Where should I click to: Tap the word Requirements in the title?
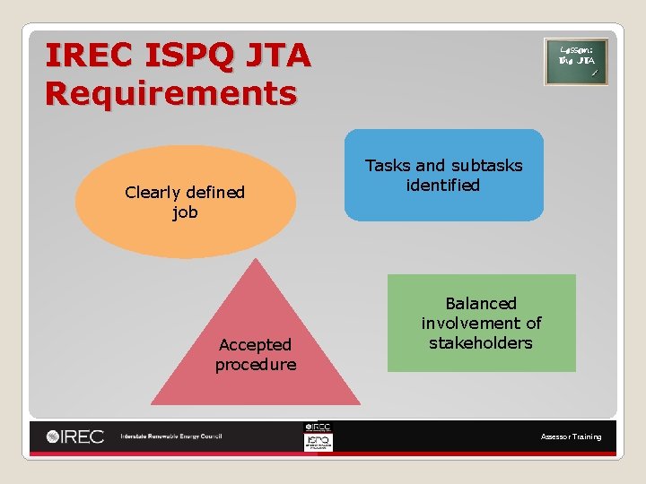pyautogui.click(x=170, y=92)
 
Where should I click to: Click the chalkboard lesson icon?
pyautogui.click(x=576, y=62)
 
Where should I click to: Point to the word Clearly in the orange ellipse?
pyautogui.click(x=153, y=193)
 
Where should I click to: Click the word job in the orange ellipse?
pyautogui.click(x=185, y=212)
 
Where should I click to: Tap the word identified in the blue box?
pyautogui.click(x=443, y=186)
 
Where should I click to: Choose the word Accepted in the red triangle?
pyautogui.click(x=256, y=344)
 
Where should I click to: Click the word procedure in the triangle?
pyautogui.click(x=256, y=364)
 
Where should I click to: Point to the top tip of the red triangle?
pyautogui.click(x=257, y=261)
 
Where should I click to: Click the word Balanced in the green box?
pyautogui.click(x=481, y=303)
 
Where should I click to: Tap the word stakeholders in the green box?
pyautogui.click(x=481, y=342)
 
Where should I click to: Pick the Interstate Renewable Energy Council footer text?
pyautogui.click(x=170, y=436)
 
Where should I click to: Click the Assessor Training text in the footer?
pyautogui.click(x=571, y=436)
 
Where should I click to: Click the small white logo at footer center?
pyautogui.click(x=318, y=436)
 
